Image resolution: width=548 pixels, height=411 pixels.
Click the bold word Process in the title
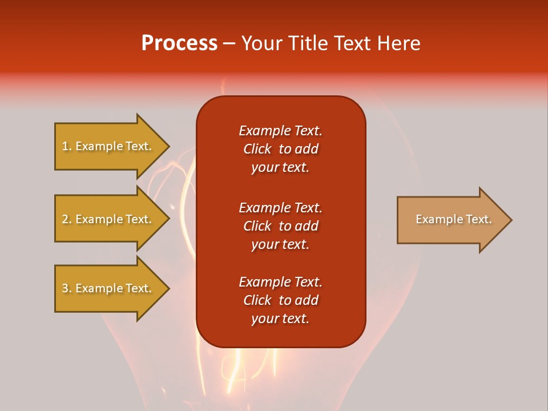pos(179,43)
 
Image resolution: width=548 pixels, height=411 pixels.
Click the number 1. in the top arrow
pos(67,146)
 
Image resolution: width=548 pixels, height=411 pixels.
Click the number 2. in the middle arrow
pos(67,219)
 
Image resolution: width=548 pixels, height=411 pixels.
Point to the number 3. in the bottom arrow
pos(67,288)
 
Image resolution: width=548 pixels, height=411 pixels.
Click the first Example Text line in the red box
pos(280,131)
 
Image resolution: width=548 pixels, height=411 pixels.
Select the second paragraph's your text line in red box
pos(280,244)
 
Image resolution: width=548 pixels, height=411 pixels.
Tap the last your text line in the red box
pos(280,319)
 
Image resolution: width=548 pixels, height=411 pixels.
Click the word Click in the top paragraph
pos(257,149)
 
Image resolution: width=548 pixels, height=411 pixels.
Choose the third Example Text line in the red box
pos(280,282)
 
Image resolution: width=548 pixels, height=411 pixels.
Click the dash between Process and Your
pos(228,43)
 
